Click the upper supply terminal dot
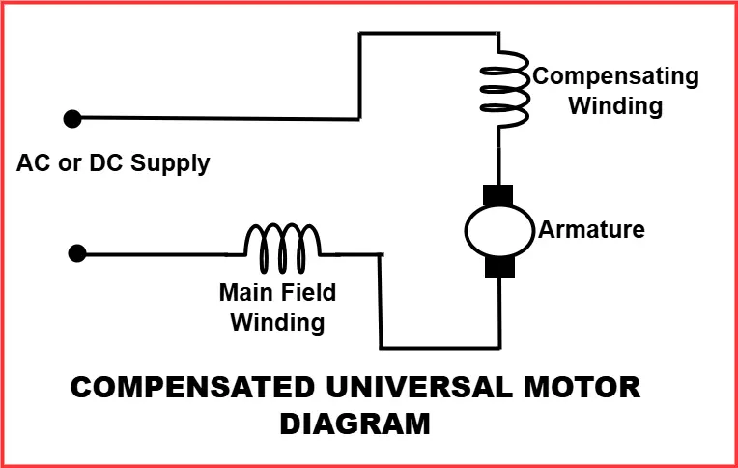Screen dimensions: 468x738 click(71, 118)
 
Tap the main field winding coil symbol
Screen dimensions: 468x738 click(282, 249)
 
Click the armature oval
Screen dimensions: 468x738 click(499, 230)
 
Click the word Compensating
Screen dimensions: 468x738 click(616, 76)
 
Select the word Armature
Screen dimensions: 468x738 click(591, 230)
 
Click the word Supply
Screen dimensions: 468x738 click(174, 162)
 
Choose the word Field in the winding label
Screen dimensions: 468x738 click(310, 292)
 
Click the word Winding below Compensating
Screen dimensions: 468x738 click(615, 105)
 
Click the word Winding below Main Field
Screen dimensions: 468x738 click(276, 321)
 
